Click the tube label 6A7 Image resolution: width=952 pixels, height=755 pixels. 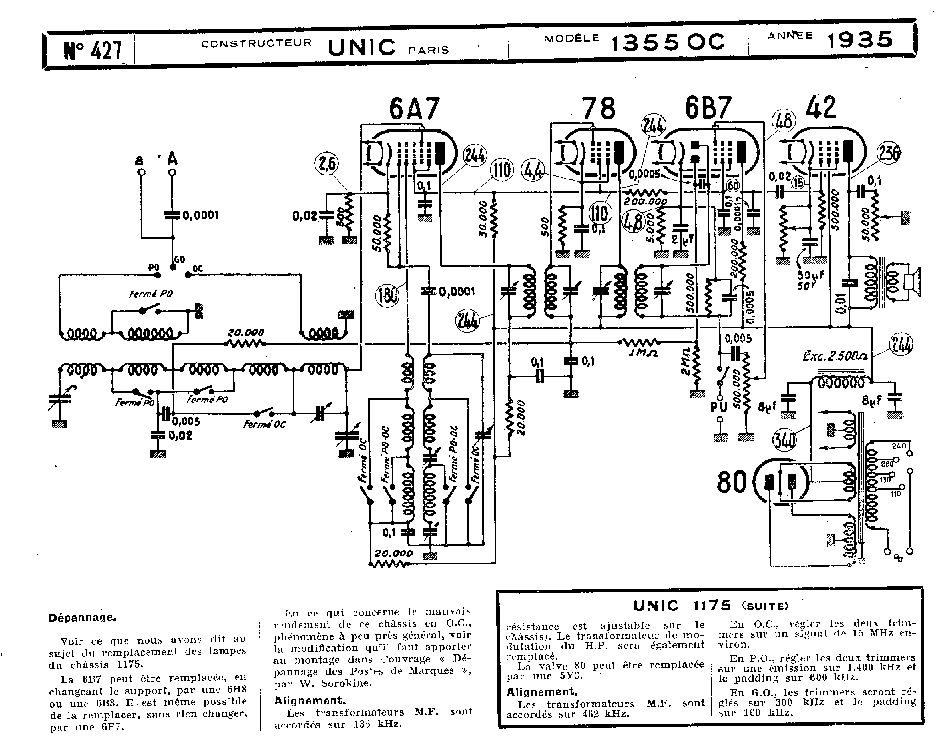[x=414, y=109]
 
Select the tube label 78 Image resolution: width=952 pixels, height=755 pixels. [x=598, y=109]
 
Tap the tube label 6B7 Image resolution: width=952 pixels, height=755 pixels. [x=708, y=108]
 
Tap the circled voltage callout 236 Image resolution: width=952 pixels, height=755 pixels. [x=888, y=153]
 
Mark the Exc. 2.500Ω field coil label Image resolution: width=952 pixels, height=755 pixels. [x=835, y=356]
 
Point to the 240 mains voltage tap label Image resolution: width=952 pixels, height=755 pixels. [x=898, y=446]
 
